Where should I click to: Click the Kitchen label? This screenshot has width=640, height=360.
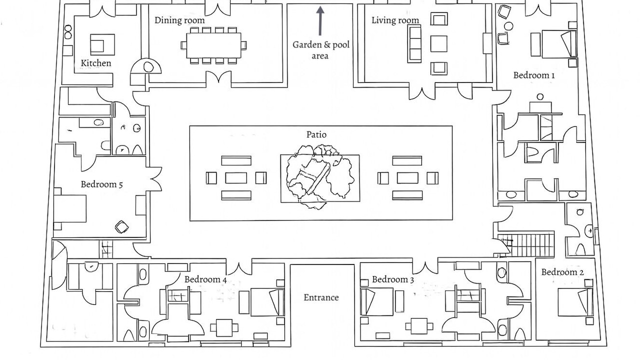[x=96, y=63]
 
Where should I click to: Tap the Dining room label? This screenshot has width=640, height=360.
[x=179, y=20]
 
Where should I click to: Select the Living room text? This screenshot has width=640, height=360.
[x=395, y=20]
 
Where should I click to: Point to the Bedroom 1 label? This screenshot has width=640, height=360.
[x=534, y=75]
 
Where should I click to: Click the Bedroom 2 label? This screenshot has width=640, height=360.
[x=562, y=272]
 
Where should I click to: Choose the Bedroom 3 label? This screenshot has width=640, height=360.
[x=393, y=279]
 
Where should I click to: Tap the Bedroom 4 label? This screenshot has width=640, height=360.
[x=205, y=279]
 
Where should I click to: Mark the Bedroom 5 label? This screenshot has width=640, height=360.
[x=102, y=184]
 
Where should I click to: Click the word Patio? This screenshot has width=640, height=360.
[x=316, y=134]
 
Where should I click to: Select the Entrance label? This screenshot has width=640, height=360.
[x=321, y=297]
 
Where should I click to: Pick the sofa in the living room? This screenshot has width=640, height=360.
[x=414, y=43]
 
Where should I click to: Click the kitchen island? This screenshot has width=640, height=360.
[x=102, y=44]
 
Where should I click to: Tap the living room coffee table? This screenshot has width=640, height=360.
[x=438, y=43]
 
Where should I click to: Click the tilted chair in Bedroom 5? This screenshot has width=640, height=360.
[x=121, y=227]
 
